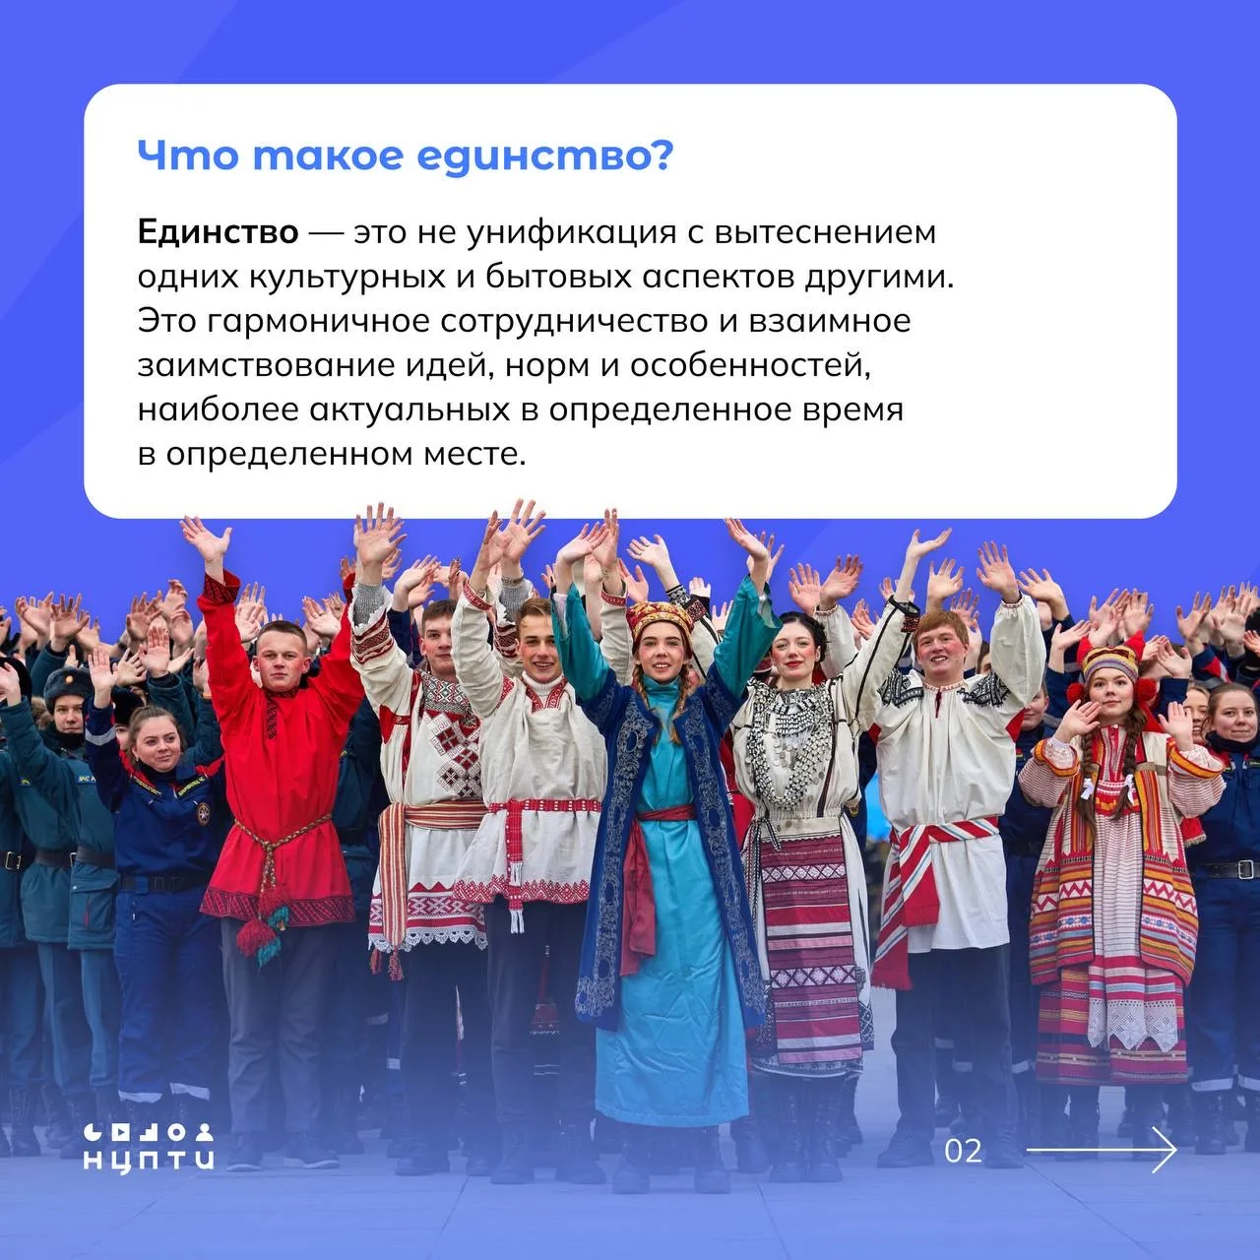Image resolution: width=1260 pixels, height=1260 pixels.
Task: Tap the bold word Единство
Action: tap(218, 232)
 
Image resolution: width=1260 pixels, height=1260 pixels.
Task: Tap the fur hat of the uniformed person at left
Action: tap(67, 680)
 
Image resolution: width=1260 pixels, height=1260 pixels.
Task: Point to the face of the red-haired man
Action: tap(942, 648)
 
